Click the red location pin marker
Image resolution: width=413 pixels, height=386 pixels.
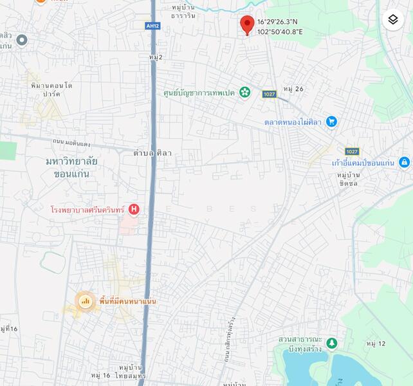(x=246, y=24)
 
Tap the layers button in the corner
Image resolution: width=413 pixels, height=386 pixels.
(x=393, y=20)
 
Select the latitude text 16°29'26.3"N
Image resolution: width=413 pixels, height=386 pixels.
(x=279, y=21)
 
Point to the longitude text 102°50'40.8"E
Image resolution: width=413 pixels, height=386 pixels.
(x=280, y=31)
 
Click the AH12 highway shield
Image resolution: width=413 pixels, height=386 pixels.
(x=152, y=26)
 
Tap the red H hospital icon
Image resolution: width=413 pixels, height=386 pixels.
(x=134, y=209)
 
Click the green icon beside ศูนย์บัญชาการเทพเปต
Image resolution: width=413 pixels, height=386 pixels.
(x=244, y=92)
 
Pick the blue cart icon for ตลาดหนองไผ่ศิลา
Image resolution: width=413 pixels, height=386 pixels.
(x=331, y=121)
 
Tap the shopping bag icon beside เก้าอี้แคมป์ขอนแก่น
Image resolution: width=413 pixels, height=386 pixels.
(x=404, y=162)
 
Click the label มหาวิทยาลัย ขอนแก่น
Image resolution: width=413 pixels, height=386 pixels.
(x=71, y=167)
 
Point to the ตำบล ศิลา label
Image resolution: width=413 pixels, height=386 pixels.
(x=152, y=153)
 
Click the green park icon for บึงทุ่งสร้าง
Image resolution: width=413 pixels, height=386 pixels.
(x=331, y=344)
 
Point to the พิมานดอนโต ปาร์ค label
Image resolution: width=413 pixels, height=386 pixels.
(x=50, y=89)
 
